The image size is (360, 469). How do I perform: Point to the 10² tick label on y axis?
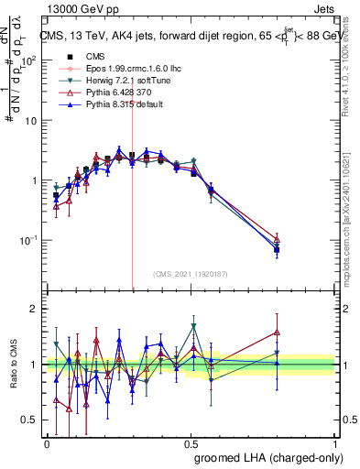click(x=28, y=60)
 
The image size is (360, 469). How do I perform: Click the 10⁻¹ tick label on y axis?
click(x=28, y=241)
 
